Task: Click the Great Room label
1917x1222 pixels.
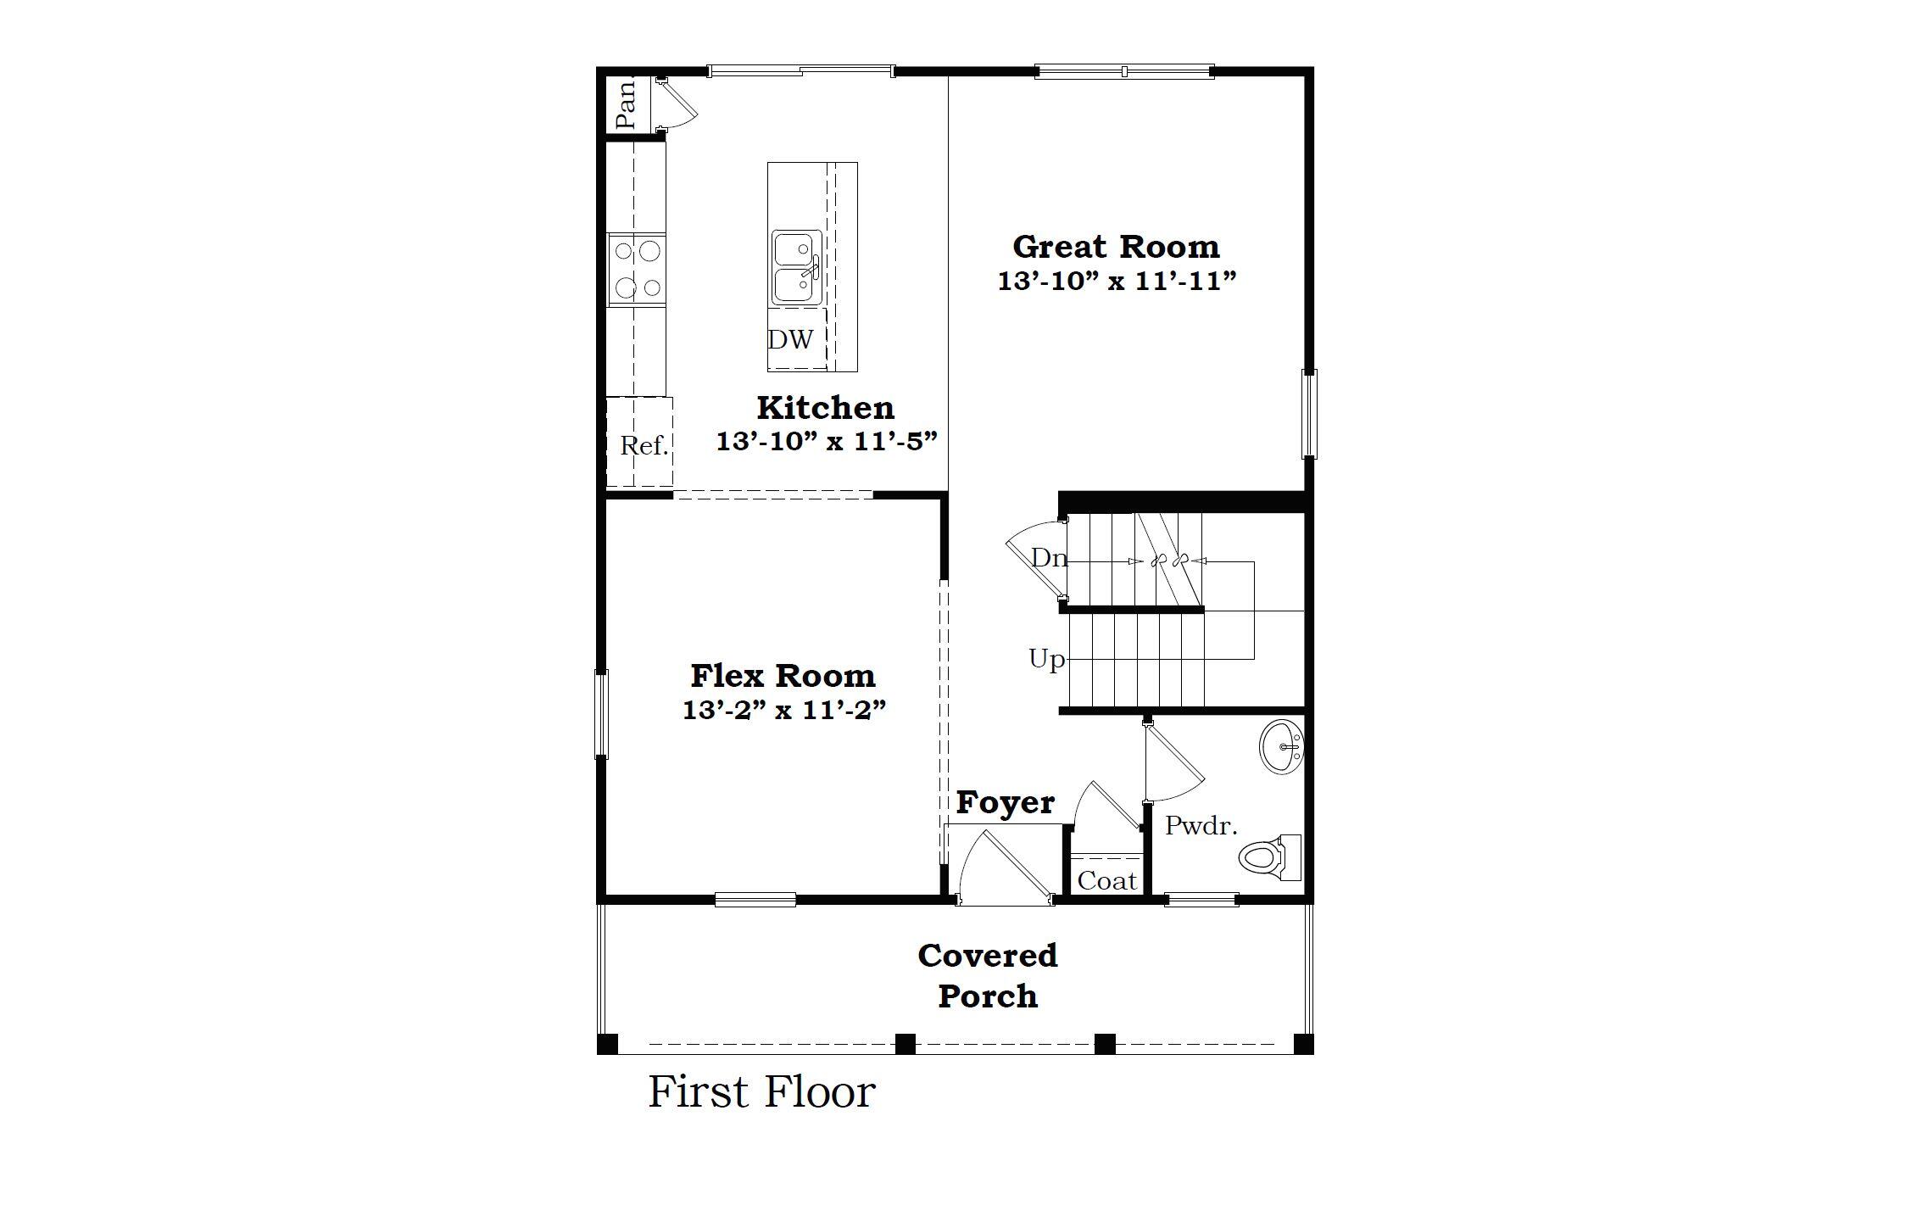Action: (1116, 247)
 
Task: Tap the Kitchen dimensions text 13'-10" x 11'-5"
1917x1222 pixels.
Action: (827, 442)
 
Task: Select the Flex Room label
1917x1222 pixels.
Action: (783, 676)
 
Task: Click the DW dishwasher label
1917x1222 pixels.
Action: (790, 340)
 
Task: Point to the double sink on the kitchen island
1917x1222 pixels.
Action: (796, 268)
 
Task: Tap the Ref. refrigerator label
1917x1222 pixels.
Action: (644, 446)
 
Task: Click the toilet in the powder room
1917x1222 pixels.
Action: (1268, 857)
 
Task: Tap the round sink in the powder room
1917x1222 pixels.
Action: (1280, 747)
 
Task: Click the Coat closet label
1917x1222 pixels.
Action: (1106, 881)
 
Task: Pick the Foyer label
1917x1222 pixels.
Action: (1006, 802)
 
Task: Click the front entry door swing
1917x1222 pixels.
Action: (1005, 869)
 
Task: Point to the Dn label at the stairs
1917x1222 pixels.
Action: (1048, 558)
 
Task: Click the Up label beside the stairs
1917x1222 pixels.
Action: (1046, 658)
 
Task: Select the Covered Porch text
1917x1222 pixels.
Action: (988, 975)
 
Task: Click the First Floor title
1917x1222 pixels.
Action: (761, 1092)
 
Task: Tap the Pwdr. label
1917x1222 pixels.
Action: (1201, 825)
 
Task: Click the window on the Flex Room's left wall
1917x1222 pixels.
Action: (601, 713)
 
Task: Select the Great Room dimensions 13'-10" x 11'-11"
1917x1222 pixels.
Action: (1117, 282)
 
